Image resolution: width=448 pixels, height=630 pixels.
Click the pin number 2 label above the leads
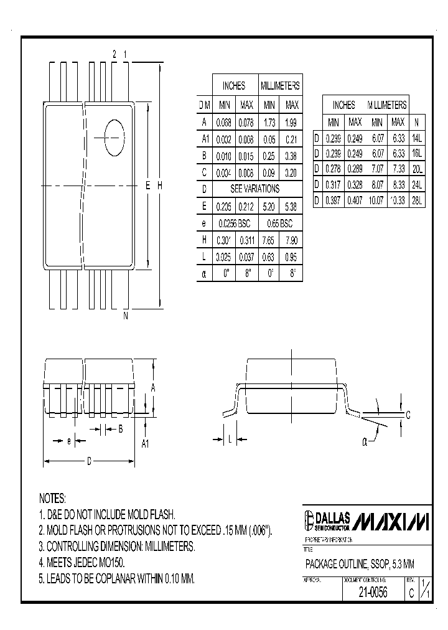(x=114, y=55)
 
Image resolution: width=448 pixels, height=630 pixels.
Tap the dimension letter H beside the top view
(x=159, y=185)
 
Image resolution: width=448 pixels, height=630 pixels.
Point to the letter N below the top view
(x=125, y=316)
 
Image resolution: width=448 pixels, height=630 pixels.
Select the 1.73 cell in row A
(x=269, y=122)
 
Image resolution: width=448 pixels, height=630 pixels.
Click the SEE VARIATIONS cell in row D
(x=254, y=189)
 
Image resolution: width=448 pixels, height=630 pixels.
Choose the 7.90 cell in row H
(x=291, y=240)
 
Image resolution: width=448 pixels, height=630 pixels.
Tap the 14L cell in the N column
(x=416, y=137)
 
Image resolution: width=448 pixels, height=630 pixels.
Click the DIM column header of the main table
(x=204, y=105)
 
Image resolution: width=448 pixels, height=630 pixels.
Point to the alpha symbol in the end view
(x=365, y=442)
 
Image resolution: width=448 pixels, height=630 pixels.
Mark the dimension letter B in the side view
(x=120, y=428)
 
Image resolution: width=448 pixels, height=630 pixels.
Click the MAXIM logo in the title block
(x=392, y=520)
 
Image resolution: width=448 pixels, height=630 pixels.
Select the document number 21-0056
(x=373, y=593)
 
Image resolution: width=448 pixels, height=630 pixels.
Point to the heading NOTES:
(x=52, y=499)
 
